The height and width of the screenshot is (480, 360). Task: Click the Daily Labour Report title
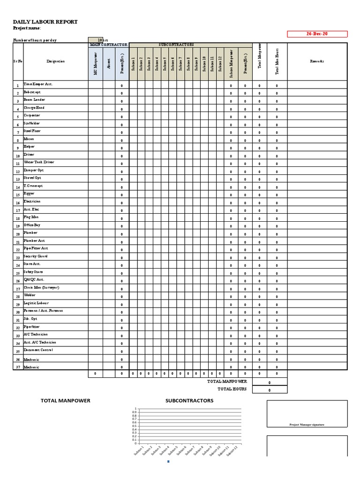pos(45,22)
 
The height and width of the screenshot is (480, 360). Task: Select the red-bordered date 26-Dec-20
pos(317,34)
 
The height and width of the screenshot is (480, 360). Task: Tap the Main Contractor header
pos(109,45)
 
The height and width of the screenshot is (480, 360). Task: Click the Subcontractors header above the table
pos(176,45)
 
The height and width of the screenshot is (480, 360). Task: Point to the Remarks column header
pos(317,61)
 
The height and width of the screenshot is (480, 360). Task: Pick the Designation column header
pos(56,61)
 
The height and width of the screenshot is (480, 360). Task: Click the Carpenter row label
pos(32,115)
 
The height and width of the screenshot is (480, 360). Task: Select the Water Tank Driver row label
pos(39,162)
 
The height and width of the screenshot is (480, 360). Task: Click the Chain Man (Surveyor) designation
pos(41,287)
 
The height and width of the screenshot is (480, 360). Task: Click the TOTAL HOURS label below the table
pos(232,389)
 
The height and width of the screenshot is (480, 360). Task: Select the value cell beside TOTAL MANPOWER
pos(270,382)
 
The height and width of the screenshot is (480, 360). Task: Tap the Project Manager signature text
pos(307,425)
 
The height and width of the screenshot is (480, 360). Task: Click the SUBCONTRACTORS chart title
pos(189,401)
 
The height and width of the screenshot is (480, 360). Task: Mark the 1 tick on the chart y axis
pos(136,409)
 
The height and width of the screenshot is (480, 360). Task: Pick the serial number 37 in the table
pos(18,367)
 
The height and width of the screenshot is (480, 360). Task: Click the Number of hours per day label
pos(35,40)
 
